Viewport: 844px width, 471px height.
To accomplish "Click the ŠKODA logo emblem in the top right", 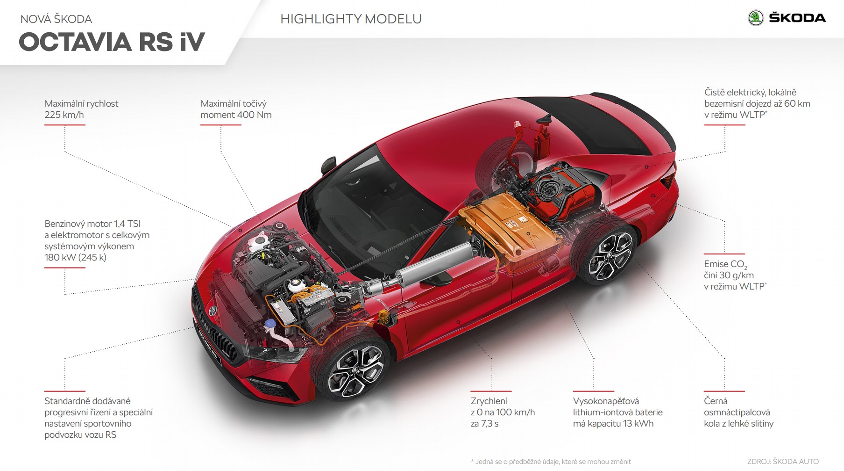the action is coord(756,18).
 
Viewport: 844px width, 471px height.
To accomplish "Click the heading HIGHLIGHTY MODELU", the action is coord(351,19).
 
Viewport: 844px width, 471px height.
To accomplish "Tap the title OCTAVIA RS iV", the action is coord(112,42).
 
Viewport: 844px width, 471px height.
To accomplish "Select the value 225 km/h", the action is coord(64,115).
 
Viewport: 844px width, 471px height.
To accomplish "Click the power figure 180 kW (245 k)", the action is coord(75,257).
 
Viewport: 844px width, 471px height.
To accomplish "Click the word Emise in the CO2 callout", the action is coord(716,264).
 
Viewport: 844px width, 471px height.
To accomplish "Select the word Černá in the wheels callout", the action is coord(716,401).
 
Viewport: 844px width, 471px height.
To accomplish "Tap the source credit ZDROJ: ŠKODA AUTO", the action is coord(783,462).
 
